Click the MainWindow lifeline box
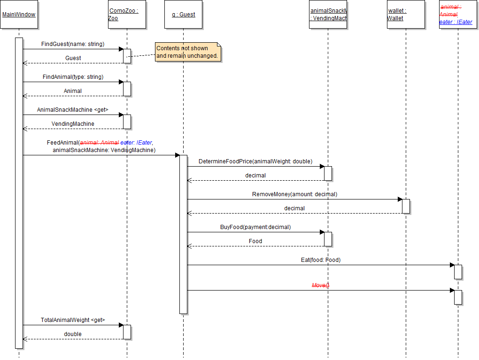[x=19, y=15]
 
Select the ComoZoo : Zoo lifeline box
[x=127, y=15]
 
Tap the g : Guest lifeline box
[x=183, y=15]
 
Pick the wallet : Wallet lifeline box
[x=406, y=15]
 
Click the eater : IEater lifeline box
[x=457, y=15]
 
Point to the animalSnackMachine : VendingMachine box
[x=328, y=15]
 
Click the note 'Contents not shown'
[x=188, y=52]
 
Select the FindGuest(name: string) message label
[x=73, y=44]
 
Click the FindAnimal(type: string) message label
[x=73, y=77]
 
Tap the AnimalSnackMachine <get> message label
[x=73, y=110]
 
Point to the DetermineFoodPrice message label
[x=255, y=161]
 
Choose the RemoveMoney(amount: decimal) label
[x=294, y=194]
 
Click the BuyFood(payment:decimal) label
[x=255, y=227]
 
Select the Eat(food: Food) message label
[x=321, y=260]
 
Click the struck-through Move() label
[x=321, y=285]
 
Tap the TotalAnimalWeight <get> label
[x=73, y=320]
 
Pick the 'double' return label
[x=73, y=334]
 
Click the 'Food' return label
[x=255, y=241]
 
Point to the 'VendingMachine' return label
[x=73, y=124]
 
